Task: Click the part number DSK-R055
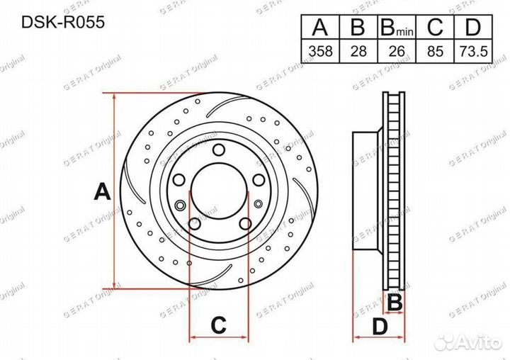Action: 63,23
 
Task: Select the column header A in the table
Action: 320,27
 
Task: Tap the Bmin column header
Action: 397,27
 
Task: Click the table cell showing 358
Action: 320,51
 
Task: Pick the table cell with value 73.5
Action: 473,51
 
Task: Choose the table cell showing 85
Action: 435,51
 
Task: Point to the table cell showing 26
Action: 397,51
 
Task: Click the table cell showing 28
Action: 358,51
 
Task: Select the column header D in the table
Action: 473,27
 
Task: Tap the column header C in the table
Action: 435,27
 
